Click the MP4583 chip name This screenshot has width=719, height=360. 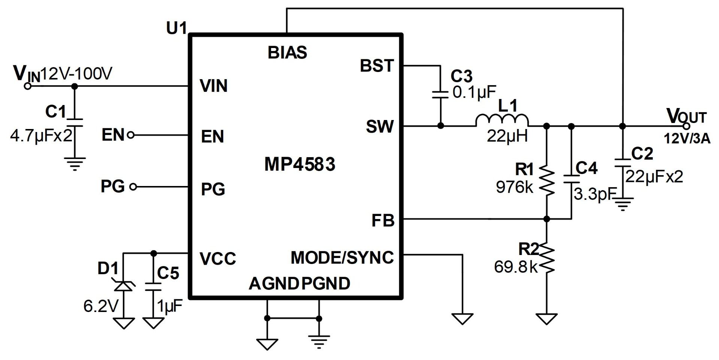[300, 164]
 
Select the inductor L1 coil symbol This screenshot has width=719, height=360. [502, 120]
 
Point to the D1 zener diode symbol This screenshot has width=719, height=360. [124, 287]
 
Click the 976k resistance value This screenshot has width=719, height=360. [514, 187]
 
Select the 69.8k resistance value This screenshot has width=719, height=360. [516, 267]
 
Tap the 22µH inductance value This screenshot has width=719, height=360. [507, 136]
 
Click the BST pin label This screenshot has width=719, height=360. [377, 66]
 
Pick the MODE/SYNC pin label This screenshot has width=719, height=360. [342, 258]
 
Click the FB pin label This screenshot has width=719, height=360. [383, 220]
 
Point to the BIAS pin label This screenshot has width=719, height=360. [287, 53]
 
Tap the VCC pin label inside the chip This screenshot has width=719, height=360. [218, 259]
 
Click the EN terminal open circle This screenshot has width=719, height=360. [131, 135]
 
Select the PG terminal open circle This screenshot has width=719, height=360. [133, 186]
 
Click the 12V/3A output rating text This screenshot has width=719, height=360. [687, 139]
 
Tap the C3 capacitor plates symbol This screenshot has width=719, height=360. [440, 94]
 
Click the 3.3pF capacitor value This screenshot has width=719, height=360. [594, 194]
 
